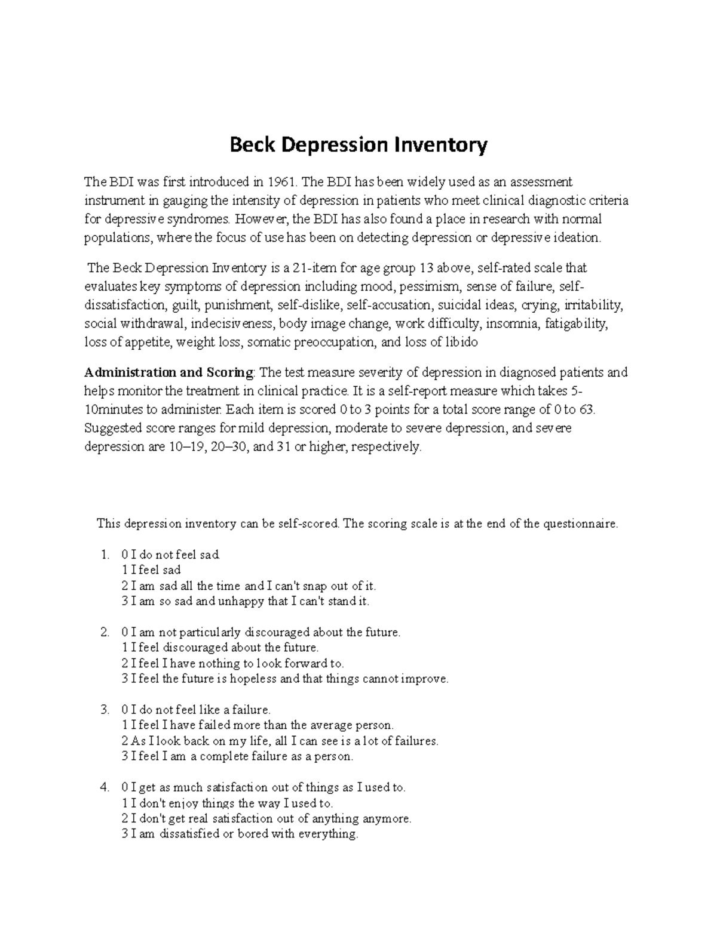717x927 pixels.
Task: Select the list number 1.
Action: click(105, 555)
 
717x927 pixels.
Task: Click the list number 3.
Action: click(105, 710)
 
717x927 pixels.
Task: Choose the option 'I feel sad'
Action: click(151, 570)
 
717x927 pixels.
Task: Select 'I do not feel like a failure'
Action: click(196, 710)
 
